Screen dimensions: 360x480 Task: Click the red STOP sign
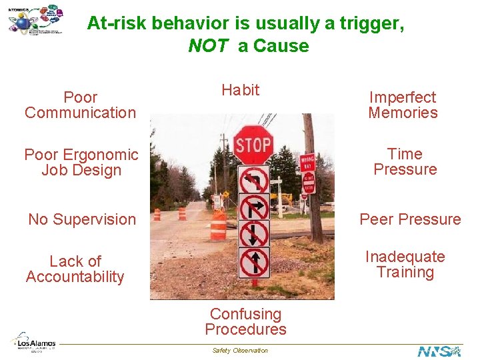(x=253, y=145)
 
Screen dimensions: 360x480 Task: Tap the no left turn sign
(x=254, y=179)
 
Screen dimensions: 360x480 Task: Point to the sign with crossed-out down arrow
(x=254, y=234)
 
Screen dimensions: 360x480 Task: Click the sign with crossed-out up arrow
(x=254, y=262)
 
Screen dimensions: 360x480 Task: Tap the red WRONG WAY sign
(x=307, y=163)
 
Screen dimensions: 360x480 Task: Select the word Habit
(x=240, y=90)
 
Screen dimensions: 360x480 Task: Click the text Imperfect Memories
(x=403, y=105)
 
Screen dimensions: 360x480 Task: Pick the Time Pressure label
(x=405, y=162)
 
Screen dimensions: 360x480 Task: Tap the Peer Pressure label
(x=410, y=219)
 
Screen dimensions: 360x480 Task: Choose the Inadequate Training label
(x=405, y=265)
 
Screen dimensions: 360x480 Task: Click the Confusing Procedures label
(x=245, y=321)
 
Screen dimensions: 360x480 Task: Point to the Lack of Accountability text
(x=75, y=269)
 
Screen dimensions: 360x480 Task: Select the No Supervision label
(x=82, y=219)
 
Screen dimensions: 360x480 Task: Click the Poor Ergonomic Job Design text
(x=81, y=163)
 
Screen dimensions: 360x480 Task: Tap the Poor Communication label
(x=80, y=105)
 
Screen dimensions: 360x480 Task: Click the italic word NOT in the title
(x=208, y=46)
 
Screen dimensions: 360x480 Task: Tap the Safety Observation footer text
(x=240, y=351)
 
